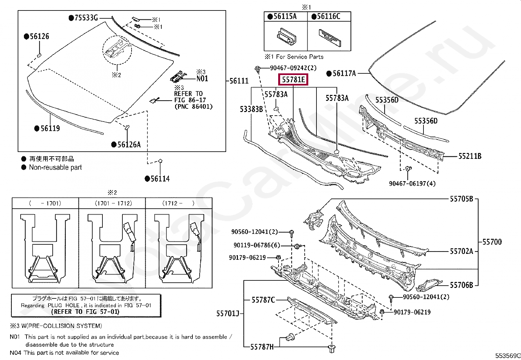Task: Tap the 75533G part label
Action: click(x=86, y=18)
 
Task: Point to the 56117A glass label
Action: click(x=344, y=74)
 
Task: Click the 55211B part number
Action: click(x=470, y=156)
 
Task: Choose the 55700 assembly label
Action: click(x=492, y=242)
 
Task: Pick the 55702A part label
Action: click(x=461, y=252)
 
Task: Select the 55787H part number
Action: click(x=262, y=347)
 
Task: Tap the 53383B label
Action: click(x=251, y=109)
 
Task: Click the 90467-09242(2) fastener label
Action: click(x=293, y=68)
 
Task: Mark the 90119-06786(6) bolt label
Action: click(x=257, y=245)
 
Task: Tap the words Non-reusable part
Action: click(x=55, y=167)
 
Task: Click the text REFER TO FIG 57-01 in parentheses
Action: click(x=85, y=312)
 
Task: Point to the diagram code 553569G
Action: click(x=508, y=356)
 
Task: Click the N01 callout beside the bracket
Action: click(x=202, y=79)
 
